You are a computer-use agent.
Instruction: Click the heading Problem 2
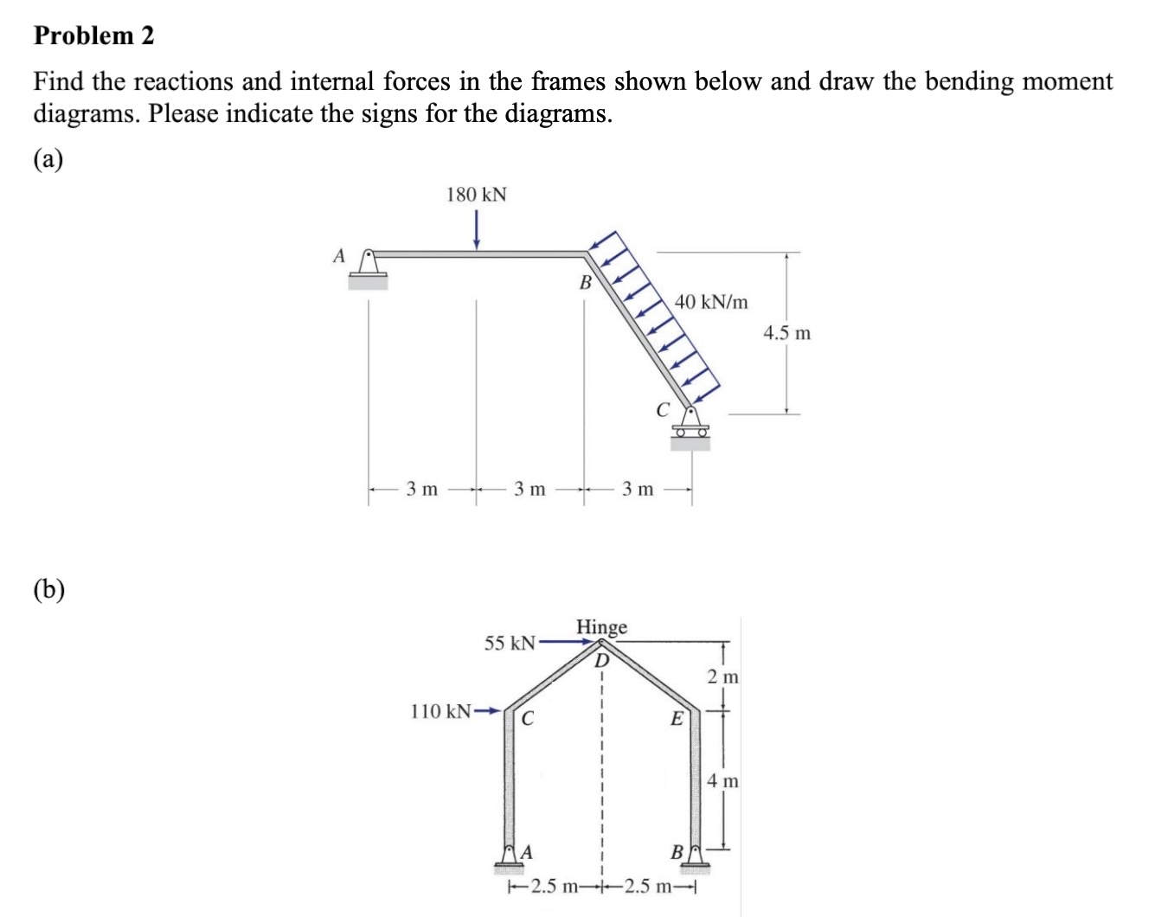pyautogui.click(x=93, y=35)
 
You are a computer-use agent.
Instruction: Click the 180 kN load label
pyautogui.click(x=476, y=195)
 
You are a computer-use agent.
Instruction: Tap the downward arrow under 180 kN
pyautogui.click(x=476, y=232)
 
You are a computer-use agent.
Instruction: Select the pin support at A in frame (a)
pyautogui.click(x=369, y=266)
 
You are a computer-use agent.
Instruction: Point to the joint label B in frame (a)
pyautogui.click(x=585, y=282)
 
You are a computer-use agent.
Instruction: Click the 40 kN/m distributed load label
pyautogui.click(x=711, y=302)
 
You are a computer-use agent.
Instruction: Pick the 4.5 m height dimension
pyautogui.click(x=786, y=333)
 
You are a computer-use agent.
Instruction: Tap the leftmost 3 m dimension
pyautogui.click(x=422, y=490)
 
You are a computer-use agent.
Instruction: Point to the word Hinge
pyautogui.click(x=601, y=626)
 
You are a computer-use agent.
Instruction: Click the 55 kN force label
pyautogui.click(x=510, y=643)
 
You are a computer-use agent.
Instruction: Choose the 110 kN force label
pyautogui.click(x=440, y=712)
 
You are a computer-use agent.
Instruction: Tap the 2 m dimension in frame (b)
pyautogui.click(x=722, y=677)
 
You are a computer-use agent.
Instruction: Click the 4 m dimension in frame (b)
pyautogui.click(x=722, y=781)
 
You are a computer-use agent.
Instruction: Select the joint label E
pyautogui.click(x=677, y=718)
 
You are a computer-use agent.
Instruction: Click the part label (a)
pyautogui.click(x=48, y=160)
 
